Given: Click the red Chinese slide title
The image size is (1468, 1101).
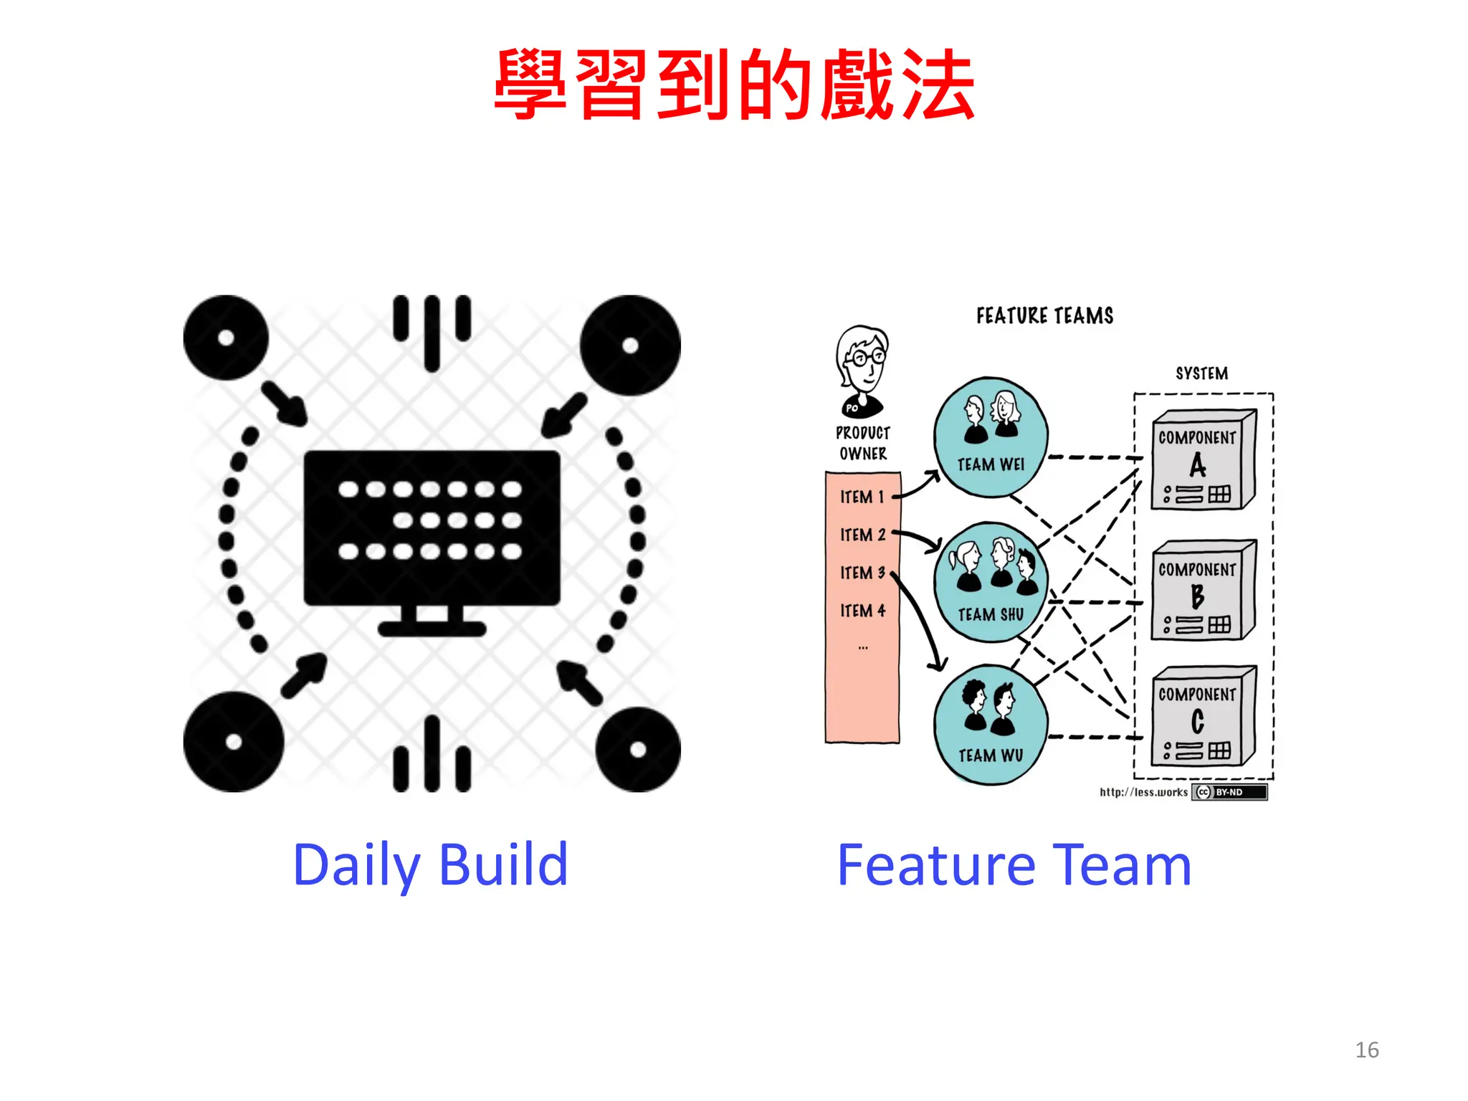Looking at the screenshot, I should coord(734,85).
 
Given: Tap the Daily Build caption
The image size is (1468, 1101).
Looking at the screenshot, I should coord(431,865).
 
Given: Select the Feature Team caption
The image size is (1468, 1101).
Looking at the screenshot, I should coord(1014,865).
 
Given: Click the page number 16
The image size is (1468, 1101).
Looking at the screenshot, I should coord(1366,1050).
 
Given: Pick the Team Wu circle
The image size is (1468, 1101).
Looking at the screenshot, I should coord(991,724).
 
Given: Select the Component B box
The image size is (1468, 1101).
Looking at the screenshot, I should coord(1202,590).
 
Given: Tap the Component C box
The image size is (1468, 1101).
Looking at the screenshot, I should coord(1202,716).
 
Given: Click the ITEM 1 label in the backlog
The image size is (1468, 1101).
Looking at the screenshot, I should coord(862,497).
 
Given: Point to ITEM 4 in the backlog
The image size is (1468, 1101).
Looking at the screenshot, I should coord(862,611).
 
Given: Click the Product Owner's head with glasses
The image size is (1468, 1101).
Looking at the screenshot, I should coord(862,358).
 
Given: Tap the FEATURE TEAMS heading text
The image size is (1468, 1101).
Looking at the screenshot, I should coord(1044,316).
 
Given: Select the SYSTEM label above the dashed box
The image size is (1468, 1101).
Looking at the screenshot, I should coord(1201,373).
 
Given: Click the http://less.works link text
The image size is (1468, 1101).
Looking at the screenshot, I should coord(1143,792).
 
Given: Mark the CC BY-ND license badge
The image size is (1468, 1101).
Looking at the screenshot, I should coord(1229,792).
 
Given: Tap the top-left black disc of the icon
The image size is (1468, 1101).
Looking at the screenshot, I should coord(226,338).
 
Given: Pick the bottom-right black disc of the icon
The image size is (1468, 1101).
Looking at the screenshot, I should coord(637,750).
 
